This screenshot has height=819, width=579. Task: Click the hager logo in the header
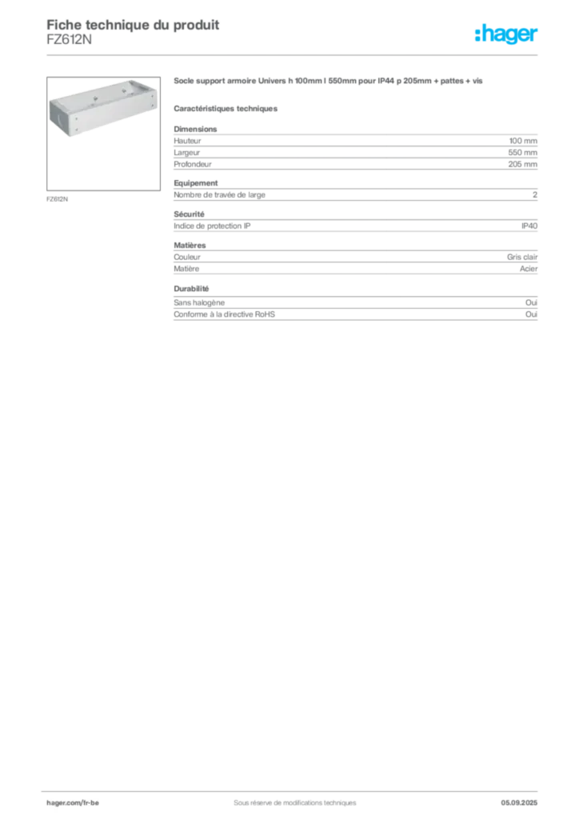(x=505, y=34)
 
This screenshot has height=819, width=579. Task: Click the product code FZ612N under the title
(x=69, y=40)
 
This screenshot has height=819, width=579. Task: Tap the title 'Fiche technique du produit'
(x=133, y=25)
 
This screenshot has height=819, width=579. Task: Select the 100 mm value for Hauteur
(x=523, y=141)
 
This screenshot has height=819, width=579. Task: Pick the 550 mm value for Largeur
(x=522, y=153)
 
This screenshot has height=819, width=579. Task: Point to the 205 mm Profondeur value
(x=522, y=164)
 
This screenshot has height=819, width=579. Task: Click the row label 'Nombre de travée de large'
(x=219, y=195)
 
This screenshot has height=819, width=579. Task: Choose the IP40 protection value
(x=529, y=226)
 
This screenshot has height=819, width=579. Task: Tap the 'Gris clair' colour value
(x=522, y=257)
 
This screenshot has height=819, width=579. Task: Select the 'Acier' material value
(x=529, y=269)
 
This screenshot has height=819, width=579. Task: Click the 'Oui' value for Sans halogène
(x=531, y=302)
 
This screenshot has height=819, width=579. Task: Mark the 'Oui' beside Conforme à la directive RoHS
(x=531, y=314)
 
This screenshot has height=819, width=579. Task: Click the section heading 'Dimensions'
(x=195, y=129)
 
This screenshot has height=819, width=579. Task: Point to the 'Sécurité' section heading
(x=189, y=214)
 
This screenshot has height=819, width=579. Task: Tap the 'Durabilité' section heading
(x=191, y=288)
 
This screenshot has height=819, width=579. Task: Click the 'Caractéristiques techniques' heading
(x=226, y=109)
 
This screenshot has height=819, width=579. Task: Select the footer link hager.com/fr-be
(x=73, y=803)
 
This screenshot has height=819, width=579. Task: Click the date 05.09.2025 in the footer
(x=519, y=803)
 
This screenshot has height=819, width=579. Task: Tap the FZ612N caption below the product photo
(x=57, y=199)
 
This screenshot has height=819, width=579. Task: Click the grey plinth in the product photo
(x=103, y=107)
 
